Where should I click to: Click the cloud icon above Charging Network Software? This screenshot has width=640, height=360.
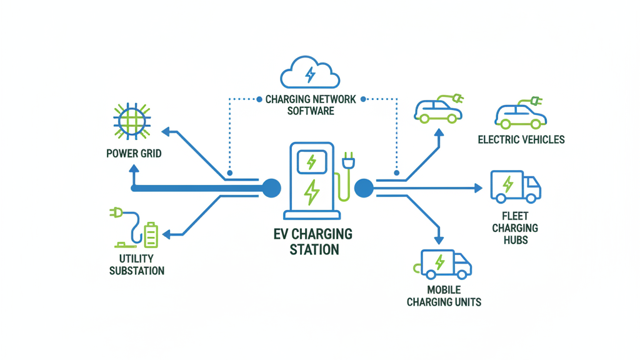coord(310,73)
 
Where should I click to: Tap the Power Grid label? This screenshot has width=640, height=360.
coord(134,153)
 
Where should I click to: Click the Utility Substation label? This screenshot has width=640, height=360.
coord(137,264)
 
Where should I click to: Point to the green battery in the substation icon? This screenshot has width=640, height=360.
coord(151,235)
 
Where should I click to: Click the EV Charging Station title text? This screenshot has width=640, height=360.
coord(312,242)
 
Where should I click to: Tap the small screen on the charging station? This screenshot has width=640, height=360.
coord(311,162)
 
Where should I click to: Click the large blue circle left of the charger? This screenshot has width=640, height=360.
coord(271,187)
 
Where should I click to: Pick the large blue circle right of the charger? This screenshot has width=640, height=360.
coord(364,187)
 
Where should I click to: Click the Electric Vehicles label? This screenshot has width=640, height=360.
coord(521,139)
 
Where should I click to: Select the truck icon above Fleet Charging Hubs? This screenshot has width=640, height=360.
coord(516,186)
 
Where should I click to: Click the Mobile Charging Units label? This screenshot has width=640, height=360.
coord(444,296)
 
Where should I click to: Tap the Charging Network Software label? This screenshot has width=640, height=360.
coord(311,105)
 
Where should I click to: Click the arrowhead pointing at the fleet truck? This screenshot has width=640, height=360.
coord(478,187)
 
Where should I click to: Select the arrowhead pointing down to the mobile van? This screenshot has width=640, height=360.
coord(439,239)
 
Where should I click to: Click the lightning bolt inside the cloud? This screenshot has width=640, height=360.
coord(310,75)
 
